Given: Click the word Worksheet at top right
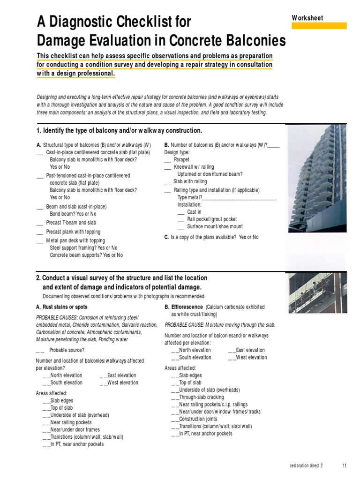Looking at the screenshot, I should pyautogui.click(x=307, y=18).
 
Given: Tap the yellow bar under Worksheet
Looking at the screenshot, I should pyautogui.click(x=319, y=26).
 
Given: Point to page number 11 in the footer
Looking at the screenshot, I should pyautogui.click(x=345, y=465).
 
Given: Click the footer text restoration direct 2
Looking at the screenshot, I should pyautogui.click(x=307, y=465).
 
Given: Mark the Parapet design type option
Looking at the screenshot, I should pyautogui.click(x=181, y=159).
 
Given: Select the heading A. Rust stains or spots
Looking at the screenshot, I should pyautogui.click(x=61, y=307).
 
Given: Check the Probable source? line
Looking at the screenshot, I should pyautogui.click(x=67, y=350).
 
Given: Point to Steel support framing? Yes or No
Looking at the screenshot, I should pyautogui.click(x=84, y=247).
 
